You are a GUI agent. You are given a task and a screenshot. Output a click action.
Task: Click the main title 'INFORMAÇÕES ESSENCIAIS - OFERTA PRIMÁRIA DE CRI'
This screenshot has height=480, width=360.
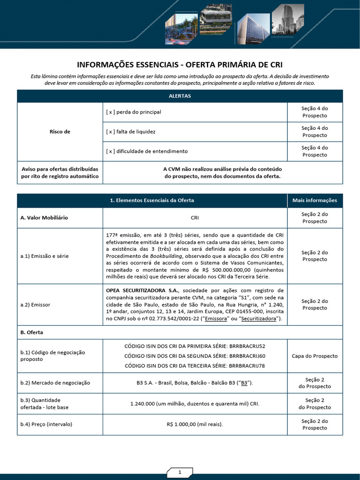[x=180, y=64]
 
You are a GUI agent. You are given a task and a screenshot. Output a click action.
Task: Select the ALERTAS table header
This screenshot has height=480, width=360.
[x=180, y=96]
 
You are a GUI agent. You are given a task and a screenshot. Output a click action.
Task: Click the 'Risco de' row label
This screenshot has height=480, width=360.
[x=60, y=132]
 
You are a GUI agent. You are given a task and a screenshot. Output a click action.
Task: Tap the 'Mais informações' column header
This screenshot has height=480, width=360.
[x=315, y=200]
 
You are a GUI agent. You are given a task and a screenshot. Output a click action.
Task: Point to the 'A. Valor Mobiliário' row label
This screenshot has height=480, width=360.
[x=44, y=218]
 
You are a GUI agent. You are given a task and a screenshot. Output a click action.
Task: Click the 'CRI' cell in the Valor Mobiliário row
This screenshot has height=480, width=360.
[x=195, y=218]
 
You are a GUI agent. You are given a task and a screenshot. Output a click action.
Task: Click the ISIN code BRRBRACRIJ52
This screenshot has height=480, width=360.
[x=247, y=346]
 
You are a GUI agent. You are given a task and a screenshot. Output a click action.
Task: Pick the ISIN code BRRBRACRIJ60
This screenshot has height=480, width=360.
[x=247, y=356]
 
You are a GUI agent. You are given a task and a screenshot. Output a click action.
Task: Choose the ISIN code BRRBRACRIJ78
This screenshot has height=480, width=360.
[x=247, y=366]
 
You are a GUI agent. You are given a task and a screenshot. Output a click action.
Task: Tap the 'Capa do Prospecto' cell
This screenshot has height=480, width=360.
[x=315, y=356]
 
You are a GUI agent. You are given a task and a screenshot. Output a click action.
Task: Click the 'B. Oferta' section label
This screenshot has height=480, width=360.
[x=31, y=332]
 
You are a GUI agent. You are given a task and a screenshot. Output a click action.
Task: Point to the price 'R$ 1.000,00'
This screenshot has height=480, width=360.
[x=182, y=425]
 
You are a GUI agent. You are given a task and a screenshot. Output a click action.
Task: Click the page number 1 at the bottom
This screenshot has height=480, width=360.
[x=180, y=472]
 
